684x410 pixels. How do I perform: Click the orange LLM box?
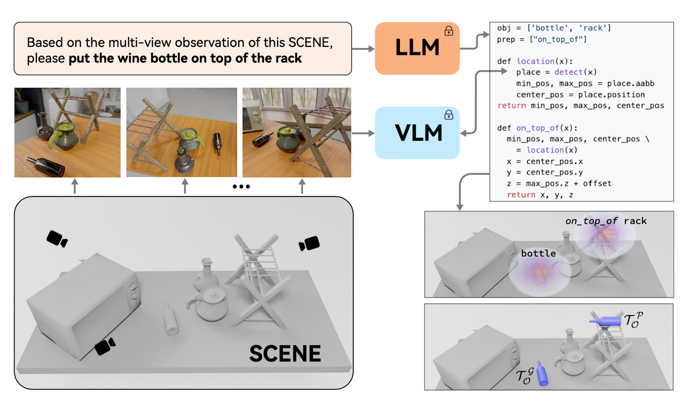click(417, 48)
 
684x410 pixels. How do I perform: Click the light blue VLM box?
click(417, 133)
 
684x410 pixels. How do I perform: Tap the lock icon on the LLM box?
click(448, 31)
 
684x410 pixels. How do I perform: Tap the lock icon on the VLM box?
click(448, 115)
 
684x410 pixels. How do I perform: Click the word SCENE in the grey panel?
click(285, 353)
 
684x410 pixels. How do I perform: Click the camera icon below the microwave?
click(105, 346)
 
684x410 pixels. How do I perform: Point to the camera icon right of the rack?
click(309, 243)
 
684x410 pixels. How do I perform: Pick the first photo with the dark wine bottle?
click(67, 132)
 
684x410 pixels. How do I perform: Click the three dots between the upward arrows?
click(241, 187)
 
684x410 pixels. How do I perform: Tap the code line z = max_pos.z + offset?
click(559, 183)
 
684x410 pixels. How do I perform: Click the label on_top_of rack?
click(606, 221)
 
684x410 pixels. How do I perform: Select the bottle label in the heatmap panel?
click(538, 253)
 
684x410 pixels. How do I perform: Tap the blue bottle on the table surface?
click(542, 373)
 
